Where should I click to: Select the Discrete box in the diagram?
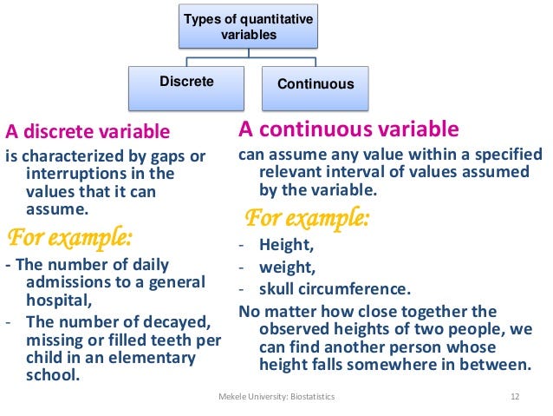coord(186,83)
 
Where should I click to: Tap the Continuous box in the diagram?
coord(316,84)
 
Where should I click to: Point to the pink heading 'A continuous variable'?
coord(348,130)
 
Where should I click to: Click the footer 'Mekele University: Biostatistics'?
coord(276,397)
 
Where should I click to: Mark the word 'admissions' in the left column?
coord(65,282)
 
